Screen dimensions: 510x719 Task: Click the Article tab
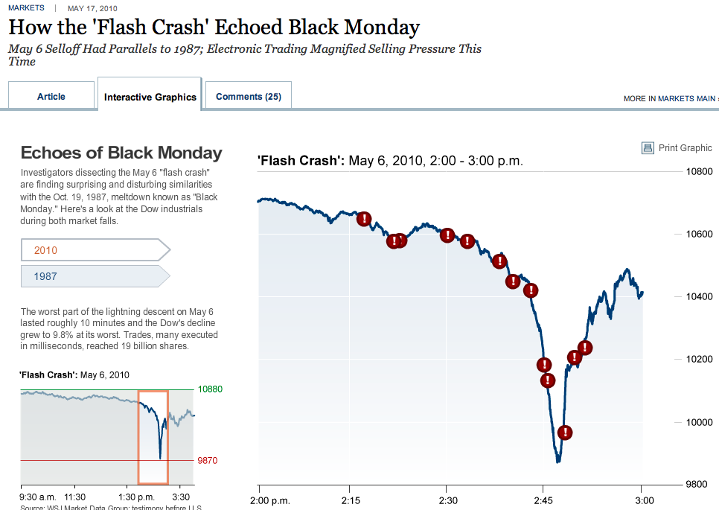pyautogui.click(x=51, y=97)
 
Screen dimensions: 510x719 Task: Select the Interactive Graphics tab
pyautogui.click(x=150, y=98)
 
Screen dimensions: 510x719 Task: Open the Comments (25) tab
pyautogui.click(x=248, y=97)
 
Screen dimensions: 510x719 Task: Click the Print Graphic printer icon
pyautogui.click(x=648, y=148)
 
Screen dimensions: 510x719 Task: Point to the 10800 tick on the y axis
pyautogui.click(x=699, y=171)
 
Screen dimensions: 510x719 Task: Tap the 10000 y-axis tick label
pyautogui.click(x=699, y=422)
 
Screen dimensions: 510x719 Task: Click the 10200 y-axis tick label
pyautogui.click(x=699, y=360)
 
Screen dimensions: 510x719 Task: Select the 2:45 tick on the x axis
pyautogui.click(x=543, y=500)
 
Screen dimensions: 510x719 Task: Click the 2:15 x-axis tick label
pyautogui.click(x=351, y=500)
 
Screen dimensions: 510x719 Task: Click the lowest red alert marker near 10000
pyautogui.click(x=565, y=433)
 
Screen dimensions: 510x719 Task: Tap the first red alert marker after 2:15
pyautogui.click(x=364, y=219)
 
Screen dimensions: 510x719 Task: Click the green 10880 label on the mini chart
pyautogui.click(x=210, y=389)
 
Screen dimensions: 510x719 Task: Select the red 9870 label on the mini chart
pyautogui.click(x=208, y=461)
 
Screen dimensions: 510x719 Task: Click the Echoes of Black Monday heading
pyautogui.click(x=121, y=153)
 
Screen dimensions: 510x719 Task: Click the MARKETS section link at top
pyautogui.click(x=25, y=8)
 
